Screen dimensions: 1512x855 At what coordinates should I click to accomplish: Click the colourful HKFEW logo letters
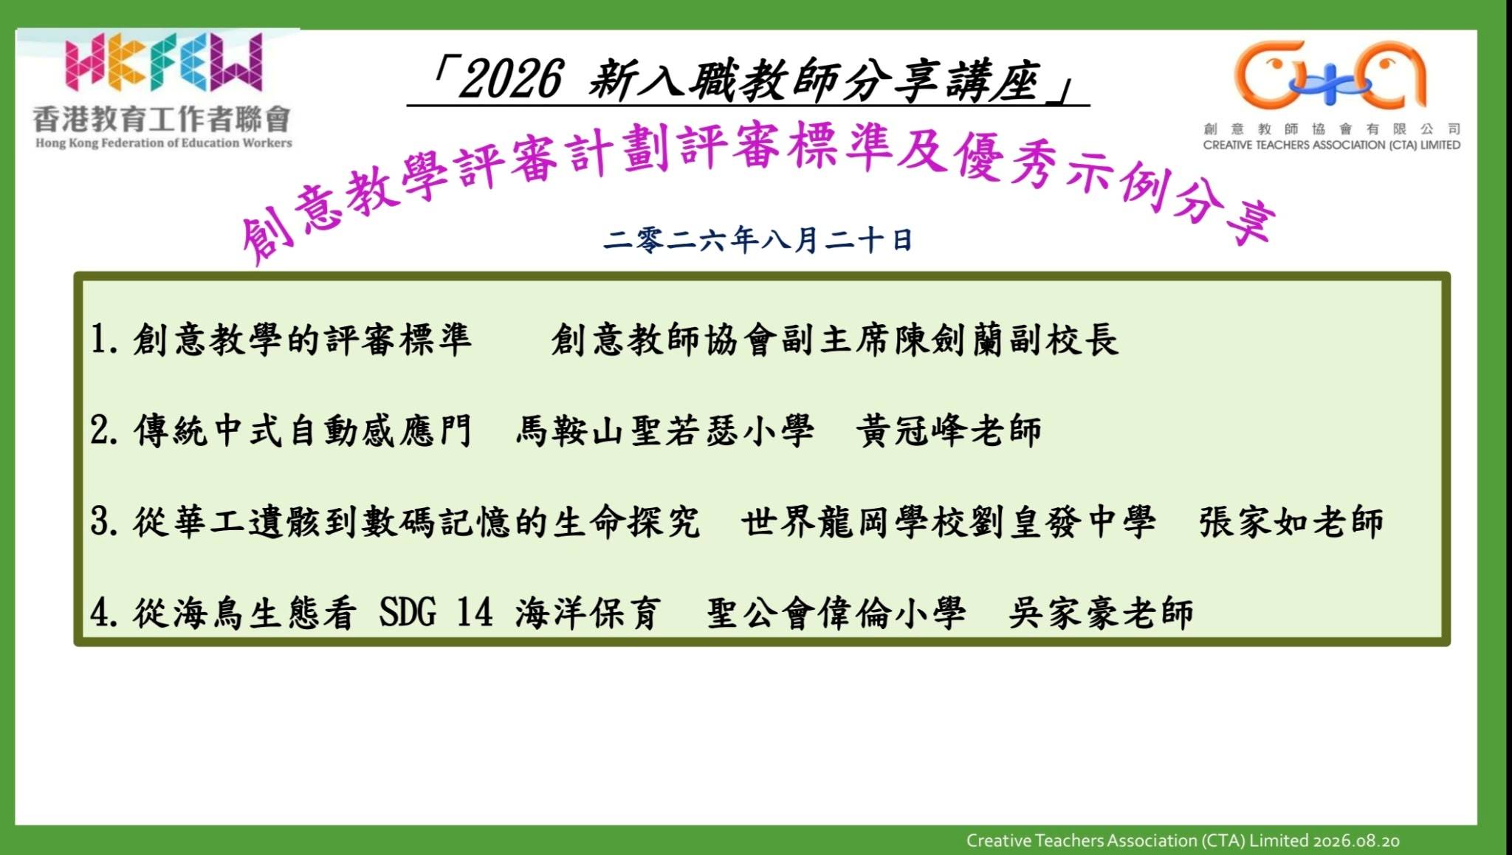[x=163, y=62]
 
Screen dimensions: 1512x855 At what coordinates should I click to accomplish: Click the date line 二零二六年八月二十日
[x=757, y=240]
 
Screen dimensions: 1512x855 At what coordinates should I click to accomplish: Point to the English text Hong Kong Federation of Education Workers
[x=164, y=142]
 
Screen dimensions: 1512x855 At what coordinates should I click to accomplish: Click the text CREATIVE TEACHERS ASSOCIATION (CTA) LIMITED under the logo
[x=1332, y=145]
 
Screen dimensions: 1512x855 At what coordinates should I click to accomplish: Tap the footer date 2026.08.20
[x=1356, y=840]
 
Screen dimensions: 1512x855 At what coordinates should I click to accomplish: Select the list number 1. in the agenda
[x=104, y=340]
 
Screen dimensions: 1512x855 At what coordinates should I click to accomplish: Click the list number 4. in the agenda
[x=104, y=614]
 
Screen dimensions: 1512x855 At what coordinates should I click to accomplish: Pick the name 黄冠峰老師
[x=949, y=431]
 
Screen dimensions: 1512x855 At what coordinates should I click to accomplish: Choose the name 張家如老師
[x=1291, y=522]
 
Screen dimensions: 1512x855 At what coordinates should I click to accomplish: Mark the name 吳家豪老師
[x=1101, y=614]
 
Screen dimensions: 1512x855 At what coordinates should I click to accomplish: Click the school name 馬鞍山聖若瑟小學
[x=665, y=431]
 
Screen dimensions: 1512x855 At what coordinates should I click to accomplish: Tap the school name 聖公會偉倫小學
[x=836, y=614]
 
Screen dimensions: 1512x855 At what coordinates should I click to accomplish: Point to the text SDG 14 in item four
[x=436, y=613]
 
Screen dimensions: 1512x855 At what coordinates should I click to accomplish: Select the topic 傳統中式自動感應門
[x=303, y=431]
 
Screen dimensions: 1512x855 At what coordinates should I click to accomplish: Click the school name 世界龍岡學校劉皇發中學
[x=949, y=522]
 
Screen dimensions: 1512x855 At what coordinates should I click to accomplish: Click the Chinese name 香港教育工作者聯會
[x=162, y=119]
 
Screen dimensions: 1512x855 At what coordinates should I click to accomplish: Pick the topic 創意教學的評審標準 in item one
[x=302, y=340]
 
